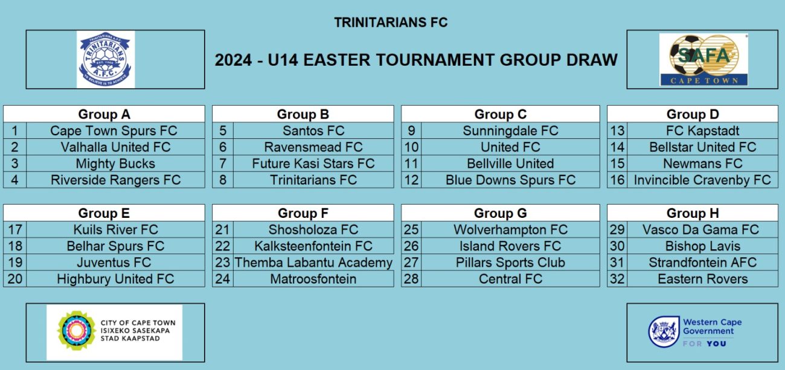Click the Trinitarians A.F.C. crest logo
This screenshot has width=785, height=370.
point(106,59)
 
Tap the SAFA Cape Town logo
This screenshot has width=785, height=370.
point(703,60)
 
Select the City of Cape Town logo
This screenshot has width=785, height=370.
point(115,332)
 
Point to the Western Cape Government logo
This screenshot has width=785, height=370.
point(694,332)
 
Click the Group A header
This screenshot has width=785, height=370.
point(104,114)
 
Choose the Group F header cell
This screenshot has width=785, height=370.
point(303,213)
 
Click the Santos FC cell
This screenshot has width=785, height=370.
point(313,131)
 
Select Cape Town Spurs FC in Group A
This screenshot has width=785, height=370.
point(114,131)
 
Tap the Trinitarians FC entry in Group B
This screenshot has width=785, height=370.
point(313,180)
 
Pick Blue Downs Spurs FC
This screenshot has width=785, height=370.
point(510,180)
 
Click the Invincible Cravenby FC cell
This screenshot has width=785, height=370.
point(702,180)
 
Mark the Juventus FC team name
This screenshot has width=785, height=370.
point(114,263)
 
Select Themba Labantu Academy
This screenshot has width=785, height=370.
point(313,263)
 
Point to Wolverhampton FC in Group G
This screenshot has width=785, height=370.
point(510,230)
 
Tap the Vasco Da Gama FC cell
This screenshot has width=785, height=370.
point(702,229)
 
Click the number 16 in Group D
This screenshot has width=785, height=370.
point(617,180)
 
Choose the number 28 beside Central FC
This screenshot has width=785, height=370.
point(411,279)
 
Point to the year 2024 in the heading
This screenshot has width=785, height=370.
point(233,60)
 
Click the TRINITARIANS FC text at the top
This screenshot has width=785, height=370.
point(391,22)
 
